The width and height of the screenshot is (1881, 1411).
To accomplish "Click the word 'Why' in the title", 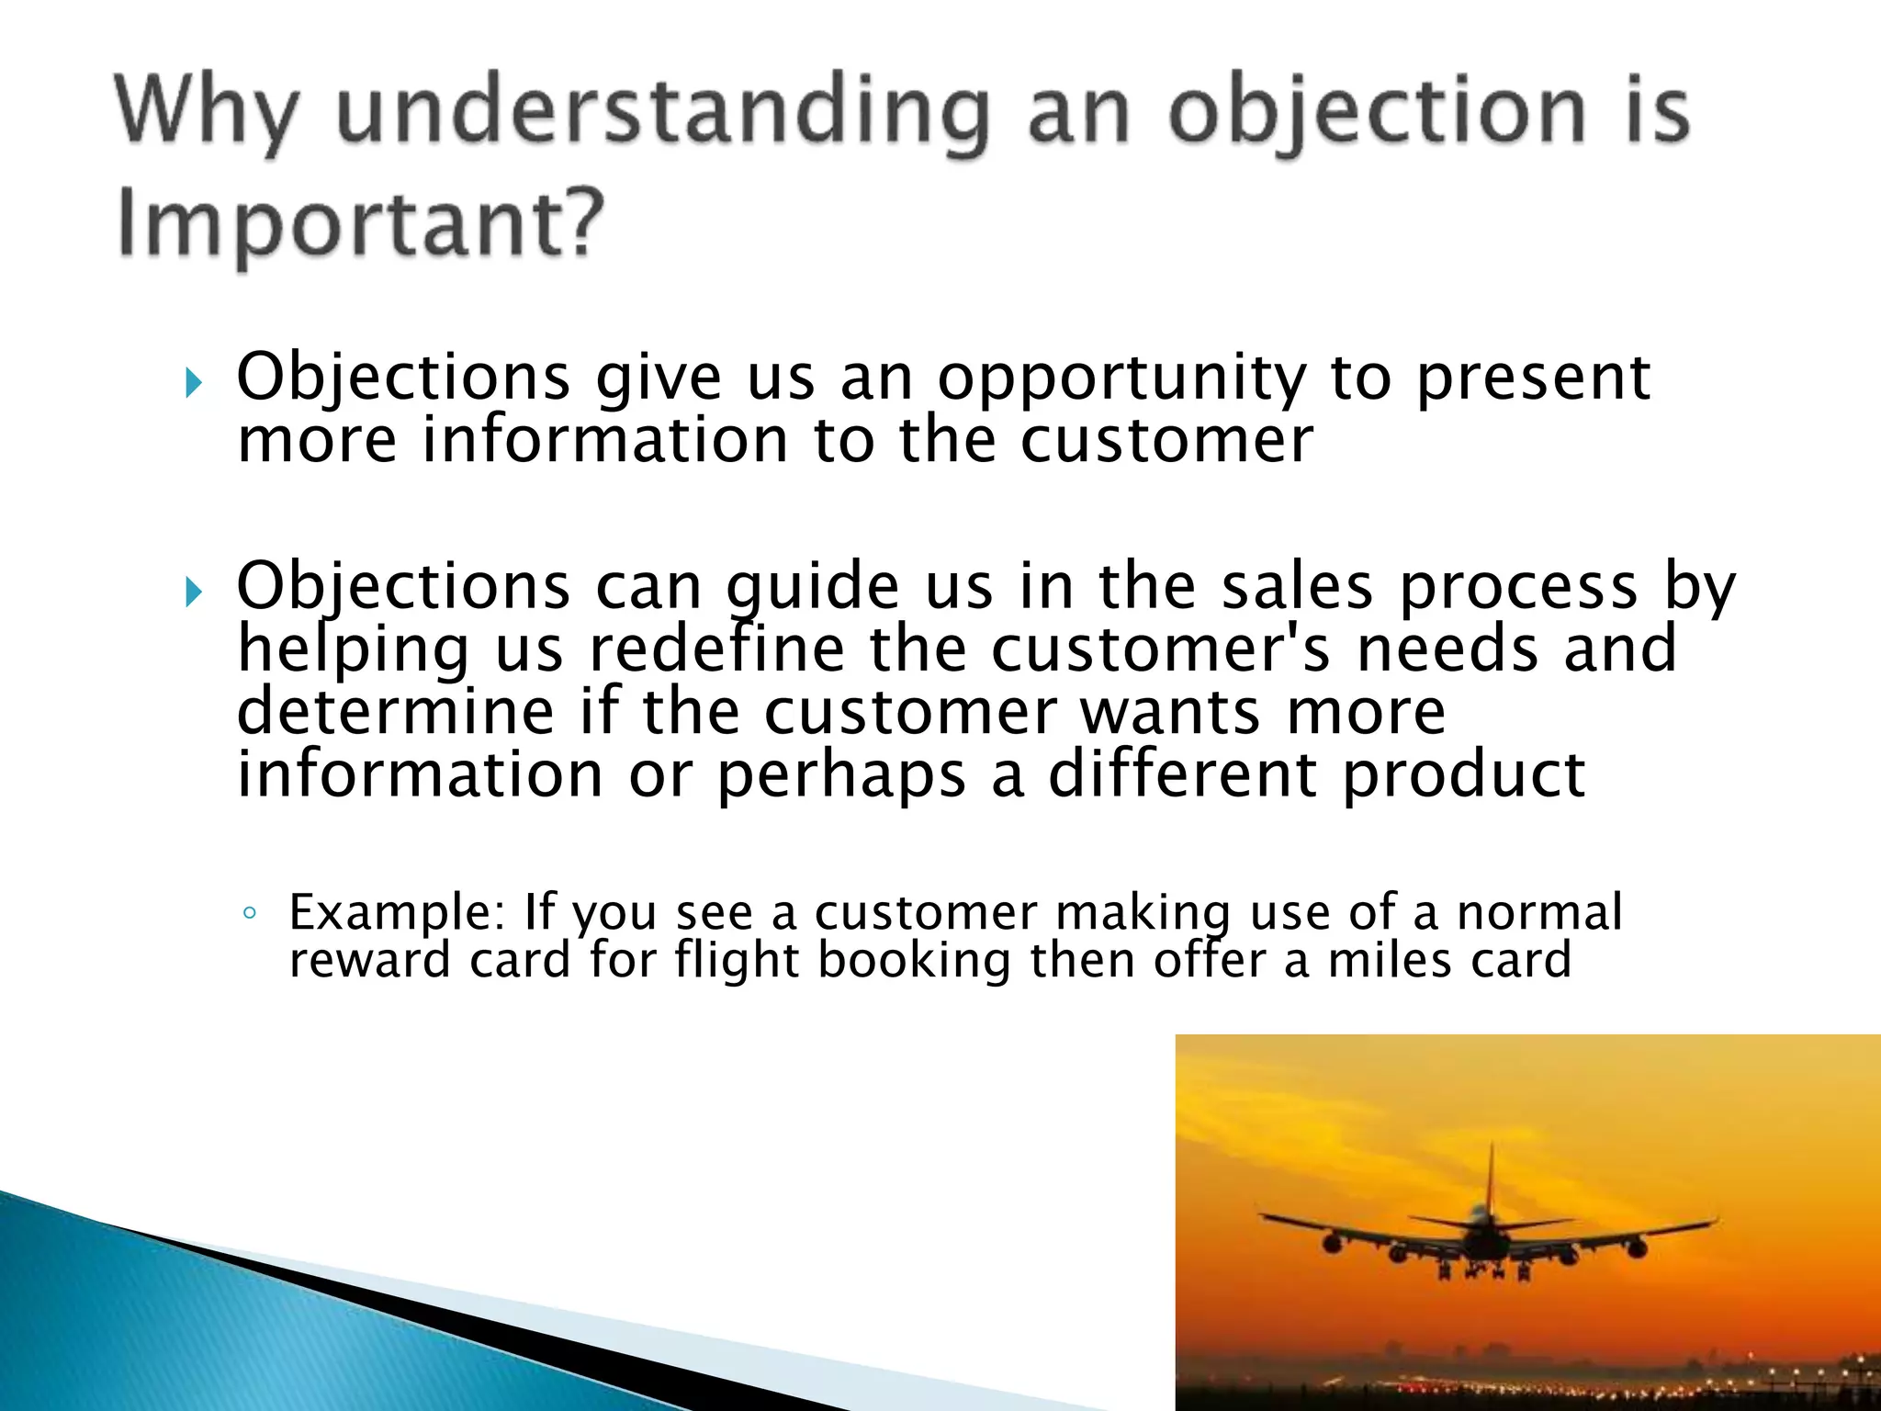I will [207, 115].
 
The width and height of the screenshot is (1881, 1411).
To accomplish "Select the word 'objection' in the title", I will [1377, 115].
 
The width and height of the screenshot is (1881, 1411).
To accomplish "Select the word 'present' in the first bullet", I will [1533, 378].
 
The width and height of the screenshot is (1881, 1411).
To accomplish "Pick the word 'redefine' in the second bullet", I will [715, 649].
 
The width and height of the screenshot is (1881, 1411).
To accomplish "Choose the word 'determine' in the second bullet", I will [396, 711].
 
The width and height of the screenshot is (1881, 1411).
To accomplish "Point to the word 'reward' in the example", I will [369, 961].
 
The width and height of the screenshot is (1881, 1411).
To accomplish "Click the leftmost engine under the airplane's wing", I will [1331, 1244].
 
